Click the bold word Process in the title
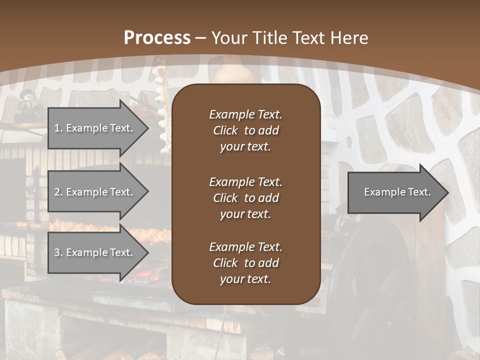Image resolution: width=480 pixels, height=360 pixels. (157, 37)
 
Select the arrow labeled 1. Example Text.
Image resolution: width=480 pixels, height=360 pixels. (95, 128)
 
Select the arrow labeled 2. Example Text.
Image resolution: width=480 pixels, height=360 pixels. (95, 192)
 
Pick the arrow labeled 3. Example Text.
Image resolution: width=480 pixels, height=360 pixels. (95, 252)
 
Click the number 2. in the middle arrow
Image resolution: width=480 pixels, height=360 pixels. (58, 192)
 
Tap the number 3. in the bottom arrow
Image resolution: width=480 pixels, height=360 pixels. (58, 252)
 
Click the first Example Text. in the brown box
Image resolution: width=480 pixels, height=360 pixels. (245, 114)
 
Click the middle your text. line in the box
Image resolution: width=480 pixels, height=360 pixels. (245, 214)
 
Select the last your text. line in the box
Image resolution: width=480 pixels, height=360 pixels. (245, 279)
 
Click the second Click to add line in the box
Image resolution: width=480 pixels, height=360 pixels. (245, 198)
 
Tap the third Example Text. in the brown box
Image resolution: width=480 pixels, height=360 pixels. (245, 247)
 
